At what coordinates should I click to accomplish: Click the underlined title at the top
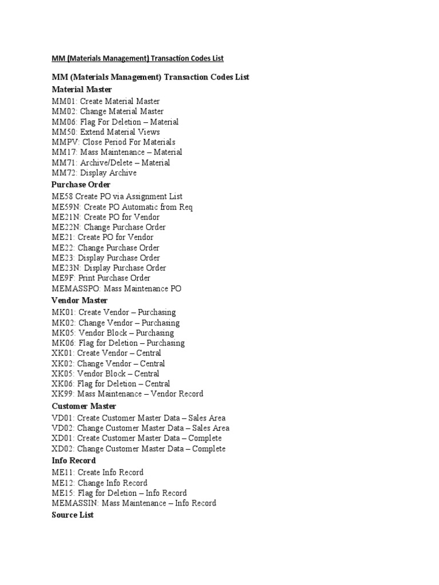[138, 58]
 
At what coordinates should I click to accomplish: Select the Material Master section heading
[82, 89]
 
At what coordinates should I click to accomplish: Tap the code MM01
[63, 101]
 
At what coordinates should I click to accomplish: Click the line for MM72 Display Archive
[94, 173]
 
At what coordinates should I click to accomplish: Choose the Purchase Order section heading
[81, 185]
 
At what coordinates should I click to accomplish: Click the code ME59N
[65, 207]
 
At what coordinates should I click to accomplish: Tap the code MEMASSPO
[75, 289]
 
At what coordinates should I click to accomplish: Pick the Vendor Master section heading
[79, 300]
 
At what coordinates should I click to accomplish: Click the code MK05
[62, 332]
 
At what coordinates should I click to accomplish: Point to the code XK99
[62, 394]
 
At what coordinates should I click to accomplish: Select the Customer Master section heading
[83, 406]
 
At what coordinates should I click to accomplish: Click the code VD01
[62, 418]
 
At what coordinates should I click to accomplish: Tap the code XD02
[62, 448]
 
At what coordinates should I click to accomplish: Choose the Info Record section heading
[74, 460]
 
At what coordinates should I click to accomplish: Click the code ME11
[62, 472]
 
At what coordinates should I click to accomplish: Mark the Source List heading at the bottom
[73, 515]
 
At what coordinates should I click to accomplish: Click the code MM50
[63, 132]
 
